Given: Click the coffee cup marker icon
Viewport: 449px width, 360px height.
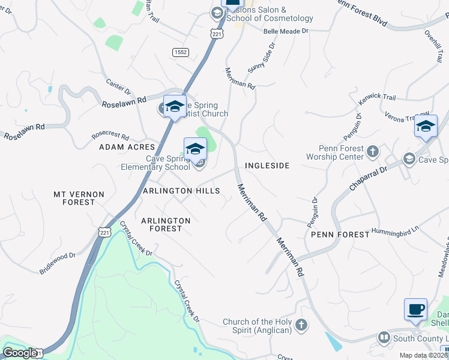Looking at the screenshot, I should click(x=416, y=310).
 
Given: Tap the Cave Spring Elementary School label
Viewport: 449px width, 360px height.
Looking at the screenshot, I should click(x=155, y=163).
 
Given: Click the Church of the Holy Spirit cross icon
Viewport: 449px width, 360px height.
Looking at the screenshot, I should click(x=301, y=325).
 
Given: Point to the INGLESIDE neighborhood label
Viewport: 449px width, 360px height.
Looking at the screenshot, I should click(x=267, y=165).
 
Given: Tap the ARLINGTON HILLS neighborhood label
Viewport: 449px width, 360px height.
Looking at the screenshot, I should click(x=181, y=190).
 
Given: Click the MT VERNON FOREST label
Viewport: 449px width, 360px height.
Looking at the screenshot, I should click(x=79, y=198).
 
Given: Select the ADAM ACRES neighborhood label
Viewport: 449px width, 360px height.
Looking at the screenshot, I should click(x=127, y=146).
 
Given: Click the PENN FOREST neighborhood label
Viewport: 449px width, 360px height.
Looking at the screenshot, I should click(x=340, y=234).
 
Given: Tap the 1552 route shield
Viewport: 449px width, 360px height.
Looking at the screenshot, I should click(x=181, y=53).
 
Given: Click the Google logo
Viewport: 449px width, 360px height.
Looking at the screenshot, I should click(x=20, y=353).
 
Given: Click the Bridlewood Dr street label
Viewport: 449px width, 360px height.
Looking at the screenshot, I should click(x=58, y=263).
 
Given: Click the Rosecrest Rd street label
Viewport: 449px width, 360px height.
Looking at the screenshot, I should click(x=110, y=136).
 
